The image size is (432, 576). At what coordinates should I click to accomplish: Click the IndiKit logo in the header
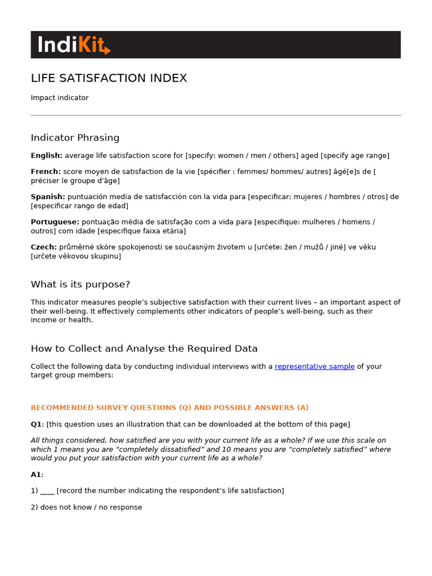coord(74,45)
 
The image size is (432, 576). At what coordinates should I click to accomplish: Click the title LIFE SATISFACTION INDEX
coord(109,78)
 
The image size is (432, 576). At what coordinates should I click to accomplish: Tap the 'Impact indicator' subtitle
coord(60,98)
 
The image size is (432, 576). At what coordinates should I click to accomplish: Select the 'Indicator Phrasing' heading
coord(75,138)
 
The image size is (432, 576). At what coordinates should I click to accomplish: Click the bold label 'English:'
coord(46,156)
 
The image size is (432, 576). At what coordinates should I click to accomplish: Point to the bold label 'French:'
coord(46,172)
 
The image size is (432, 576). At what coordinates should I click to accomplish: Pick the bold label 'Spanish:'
coord(48,197)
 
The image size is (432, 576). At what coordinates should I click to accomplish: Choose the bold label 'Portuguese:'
coord(55,222)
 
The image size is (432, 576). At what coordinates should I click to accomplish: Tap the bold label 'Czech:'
coord(43,247)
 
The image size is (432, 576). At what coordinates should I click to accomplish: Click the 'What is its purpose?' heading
coord(80,285)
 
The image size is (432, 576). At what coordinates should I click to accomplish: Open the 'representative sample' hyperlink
coord(314,366)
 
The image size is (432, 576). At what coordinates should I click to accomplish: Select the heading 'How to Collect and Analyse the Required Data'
coord(144,349)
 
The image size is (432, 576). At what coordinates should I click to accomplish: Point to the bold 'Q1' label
coord(37,424)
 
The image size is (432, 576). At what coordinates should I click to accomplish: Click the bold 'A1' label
coord(37,475)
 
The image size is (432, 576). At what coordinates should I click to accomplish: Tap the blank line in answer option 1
coord(47,492)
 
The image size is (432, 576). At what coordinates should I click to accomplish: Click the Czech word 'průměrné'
coord(75,247)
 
